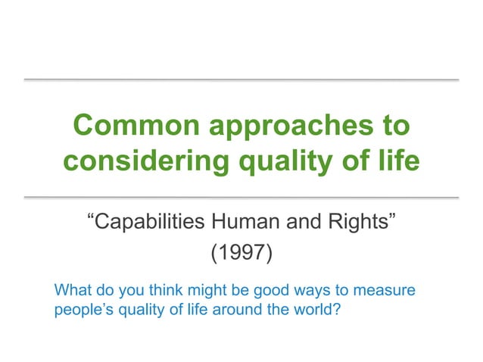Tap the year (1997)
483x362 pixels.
click(x=241, y=252)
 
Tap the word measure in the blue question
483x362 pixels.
click(x=388, y=291)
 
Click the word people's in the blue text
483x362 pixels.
click(x=82, y=310)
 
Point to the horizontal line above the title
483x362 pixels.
click(x=241, y=80)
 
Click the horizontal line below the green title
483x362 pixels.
click(x=241, y=197)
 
